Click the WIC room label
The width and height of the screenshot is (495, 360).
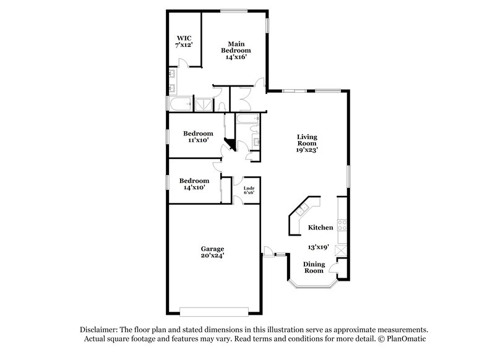[184, 37]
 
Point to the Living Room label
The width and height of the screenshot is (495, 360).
[307, 140]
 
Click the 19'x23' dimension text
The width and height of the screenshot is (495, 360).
[307, 149]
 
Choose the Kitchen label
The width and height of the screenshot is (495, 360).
[321, 228]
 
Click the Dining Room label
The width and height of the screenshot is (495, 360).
[313, 267]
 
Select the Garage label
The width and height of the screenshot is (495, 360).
[212, 249]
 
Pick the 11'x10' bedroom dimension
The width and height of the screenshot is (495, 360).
[198, 140]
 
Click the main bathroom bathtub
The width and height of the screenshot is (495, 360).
[181, 103]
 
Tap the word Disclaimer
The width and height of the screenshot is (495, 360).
[100, 330]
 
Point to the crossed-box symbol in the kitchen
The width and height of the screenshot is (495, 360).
[339, 251]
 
